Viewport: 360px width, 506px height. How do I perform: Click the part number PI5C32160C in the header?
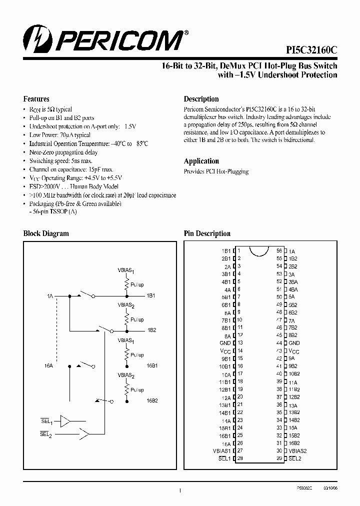pos(311,50)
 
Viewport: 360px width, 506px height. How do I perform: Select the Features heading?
pos(36,99)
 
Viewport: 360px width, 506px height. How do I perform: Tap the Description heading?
pos(201,99)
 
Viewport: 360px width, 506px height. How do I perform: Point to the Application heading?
pos(201,161)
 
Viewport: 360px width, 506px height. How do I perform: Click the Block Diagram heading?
pos(46,233)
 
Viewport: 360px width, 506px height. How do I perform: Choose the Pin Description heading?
pos(207,233)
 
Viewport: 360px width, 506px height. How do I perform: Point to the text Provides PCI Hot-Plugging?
pos(216,171)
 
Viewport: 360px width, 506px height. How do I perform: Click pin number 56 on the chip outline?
pos(279,250)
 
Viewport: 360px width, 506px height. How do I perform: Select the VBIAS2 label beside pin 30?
pos(297,450)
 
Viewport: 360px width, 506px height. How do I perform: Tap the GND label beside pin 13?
pos(225,343)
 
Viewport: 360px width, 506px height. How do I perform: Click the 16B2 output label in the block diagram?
pos(152,400)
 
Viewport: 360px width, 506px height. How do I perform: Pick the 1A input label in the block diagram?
pos(49,296)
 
